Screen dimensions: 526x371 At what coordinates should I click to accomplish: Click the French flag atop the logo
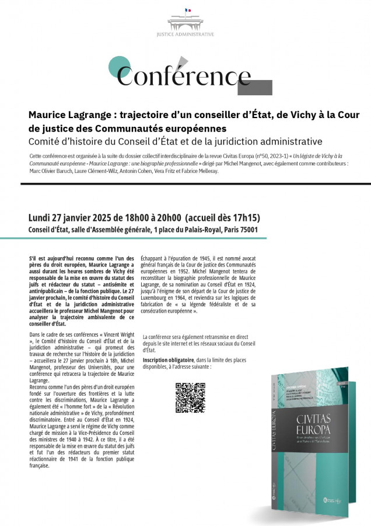[x=188, y=11]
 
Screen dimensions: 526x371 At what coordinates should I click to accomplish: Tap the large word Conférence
[x=184, y=75]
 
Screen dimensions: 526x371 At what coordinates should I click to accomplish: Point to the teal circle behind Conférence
[x=120, y=67]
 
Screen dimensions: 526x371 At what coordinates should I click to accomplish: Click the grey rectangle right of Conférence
[x=257, y=87]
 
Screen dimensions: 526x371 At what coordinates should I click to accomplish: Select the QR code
[x=190, y=397]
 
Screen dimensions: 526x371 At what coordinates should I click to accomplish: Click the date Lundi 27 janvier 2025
[x=73, y=217]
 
